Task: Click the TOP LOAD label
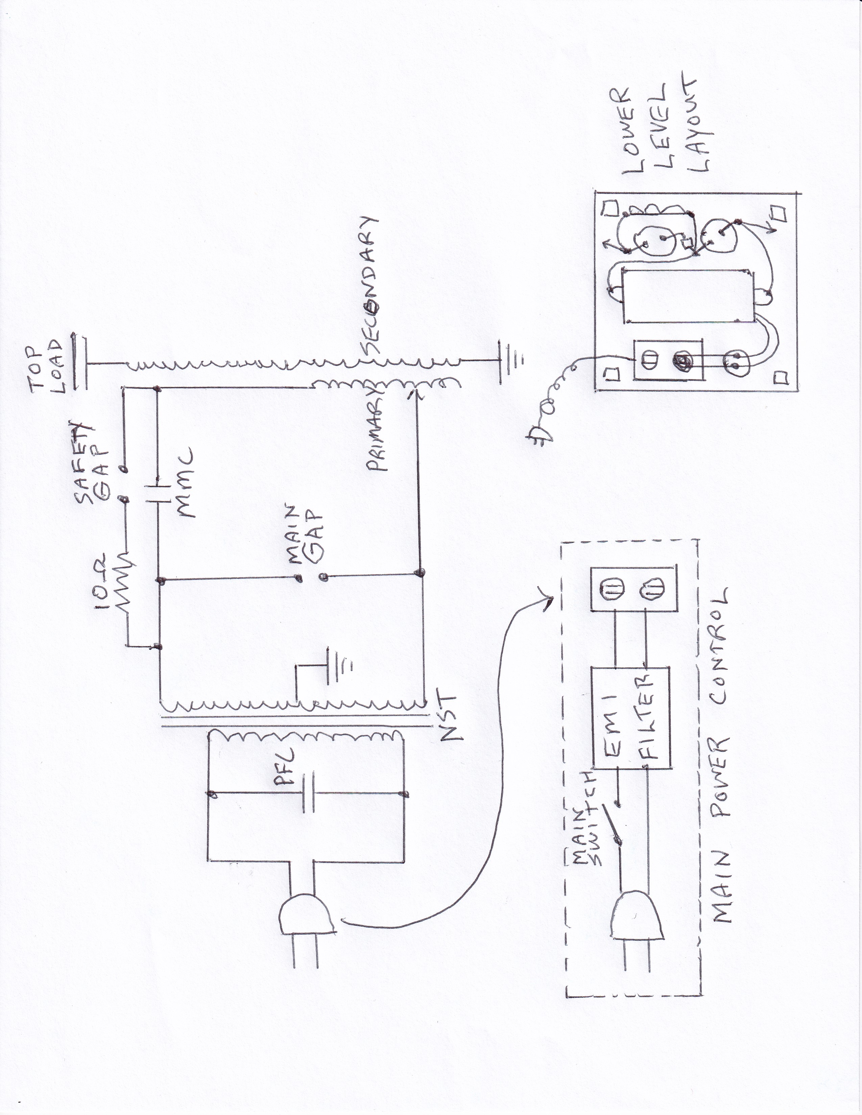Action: click(49, 365)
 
